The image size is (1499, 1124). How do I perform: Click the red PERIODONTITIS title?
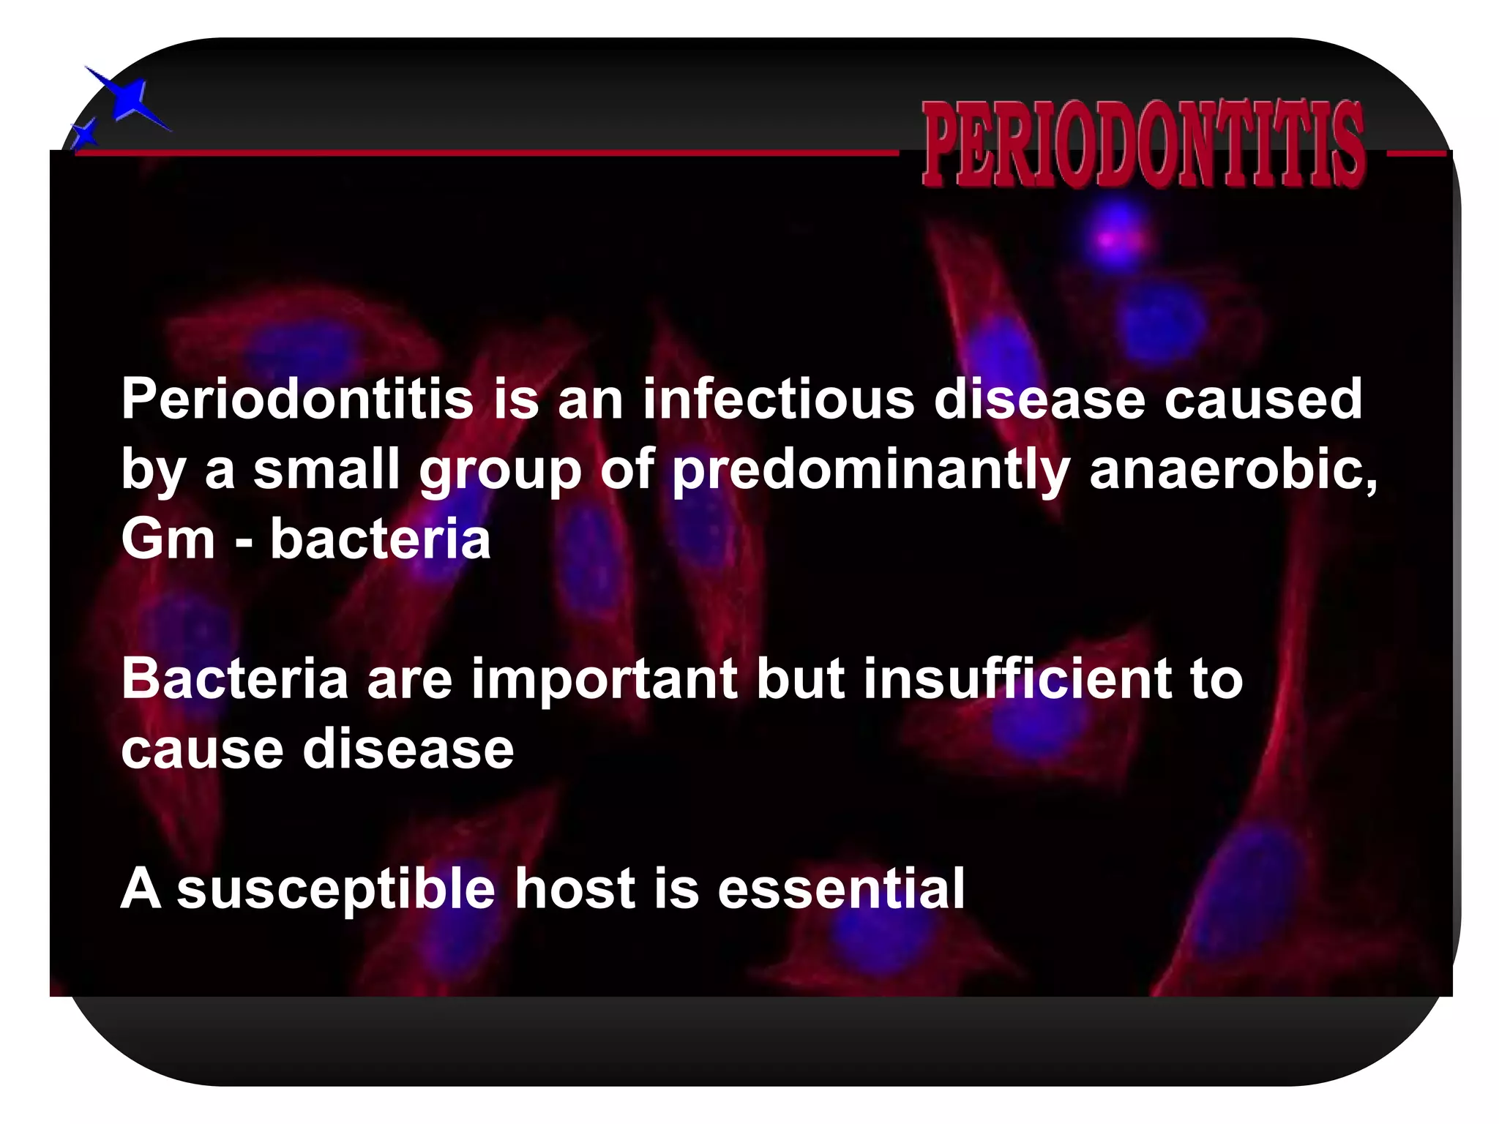pos(1143,143)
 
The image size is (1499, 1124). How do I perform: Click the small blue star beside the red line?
pos(86,135)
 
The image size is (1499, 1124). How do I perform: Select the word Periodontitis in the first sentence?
pos(297,400)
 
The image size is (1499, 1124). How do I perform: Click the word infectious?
pos(778,400)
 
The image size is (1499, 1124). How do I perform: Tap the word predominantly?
pos(871,471)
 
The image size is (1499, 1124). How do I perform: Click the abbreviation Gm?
pos(168,539)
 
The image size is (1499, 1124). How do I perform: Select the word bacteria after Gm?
pos(381,539)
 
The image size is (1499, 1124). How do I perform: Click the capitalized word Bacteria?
pos(234,678)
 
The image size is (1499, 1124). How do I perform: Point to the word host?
pos(575,888)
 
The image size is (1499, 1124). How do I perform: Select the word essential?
pos(841,888)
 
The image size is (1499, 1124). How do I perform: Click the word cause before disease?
pos(202,750)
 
